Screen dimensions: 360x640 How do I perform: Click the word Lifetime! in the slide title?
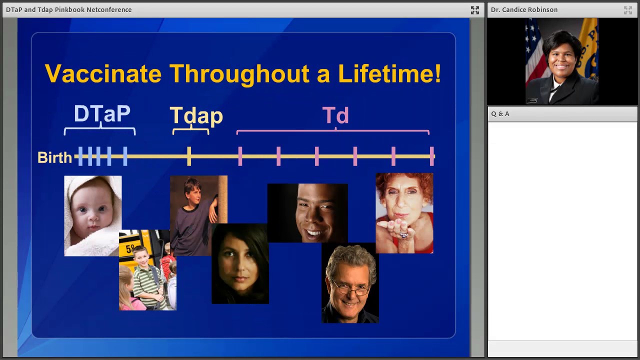click(389, 74)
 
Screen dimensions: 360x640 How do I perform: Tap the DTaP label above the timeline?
click(102, 114)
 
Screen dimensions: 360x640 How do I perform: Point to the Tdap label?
click(196, 116)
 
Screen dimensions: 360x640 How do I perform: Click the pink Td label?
click(335, 116)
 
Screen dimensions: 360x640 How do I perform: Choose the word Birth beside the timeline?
click(54, 157)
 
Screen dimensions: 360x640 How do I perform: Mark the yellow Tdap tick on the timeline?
click(189, 156)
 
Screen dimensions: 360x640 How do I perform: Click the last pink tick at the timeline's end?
click(432, 156)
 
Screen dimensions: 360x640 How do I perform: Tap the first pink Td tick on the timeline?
click(240, 156)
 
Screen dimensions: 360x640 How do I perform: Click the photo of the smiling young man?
click(307, 212)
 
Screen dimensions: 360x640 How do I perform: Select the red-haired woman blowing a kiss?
click(404, 212)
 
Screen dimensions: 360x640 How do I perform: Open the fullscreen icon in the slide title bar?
click(474, 10)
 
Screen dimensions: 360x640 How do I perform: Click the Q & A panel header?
click(500, 114)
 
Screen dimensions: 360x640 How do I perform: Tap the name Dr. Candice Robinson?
click(524, 10)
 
